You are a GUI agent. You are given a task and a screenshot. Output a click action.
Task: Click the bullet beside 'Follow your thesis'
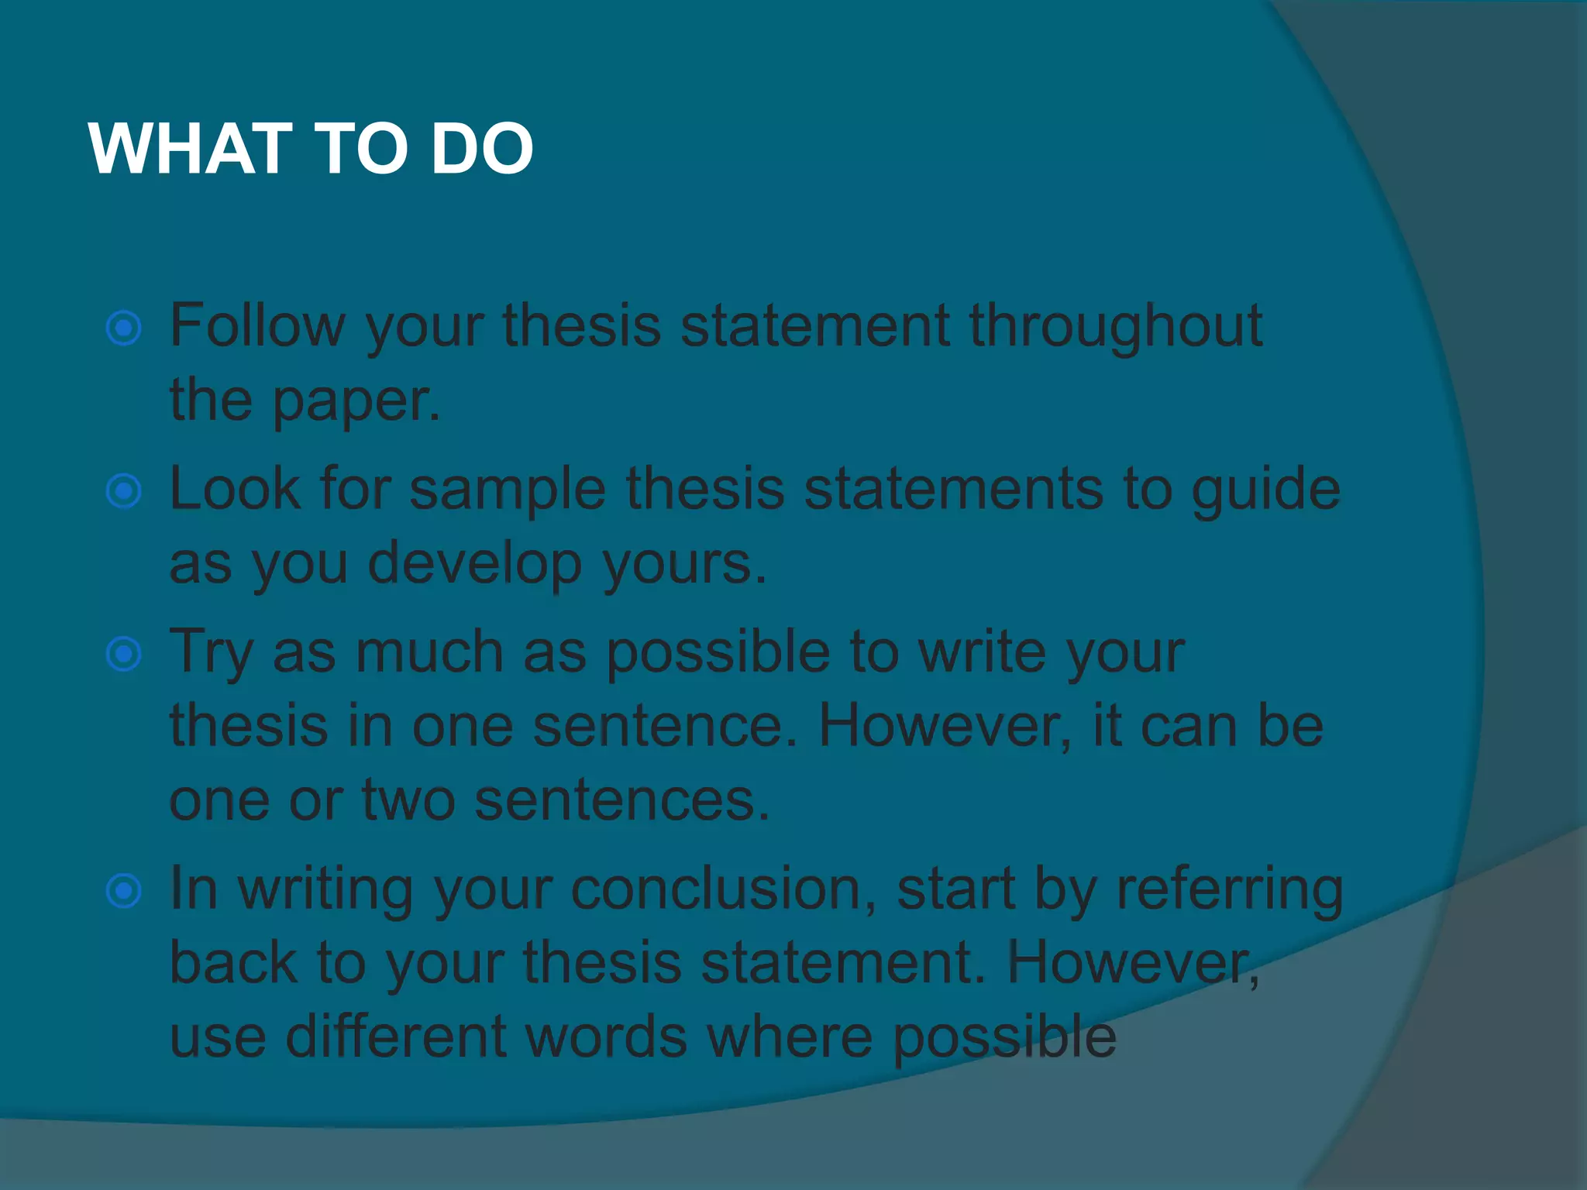click(124, 328)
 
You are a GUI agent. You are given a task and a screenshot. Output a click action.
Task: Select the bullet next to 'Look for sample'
click(124, 491)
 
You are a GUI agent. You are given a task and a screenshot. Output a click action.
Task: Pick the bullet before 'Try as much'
click(124, 655)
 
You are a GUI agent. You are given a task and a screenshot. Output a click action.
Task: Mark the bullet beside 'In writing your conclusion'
click(124, 891)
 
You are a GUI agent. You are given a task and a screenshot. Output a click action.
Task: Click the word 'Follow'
click(256, 325)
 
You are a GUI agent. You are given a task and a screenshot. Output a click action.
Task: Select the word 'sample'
click(508, 490)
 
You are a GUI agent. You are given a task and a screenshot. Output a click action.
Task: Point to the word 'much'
click(429, 652)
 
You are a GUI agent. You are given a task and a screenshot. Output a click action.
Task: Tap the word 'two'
click(408, 800)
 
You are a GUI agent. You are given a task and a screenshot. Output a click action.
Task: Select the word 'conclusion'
click(724, 889)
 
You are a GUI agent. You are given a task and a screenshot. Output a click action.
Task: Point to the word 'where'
click(790, 1037)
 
